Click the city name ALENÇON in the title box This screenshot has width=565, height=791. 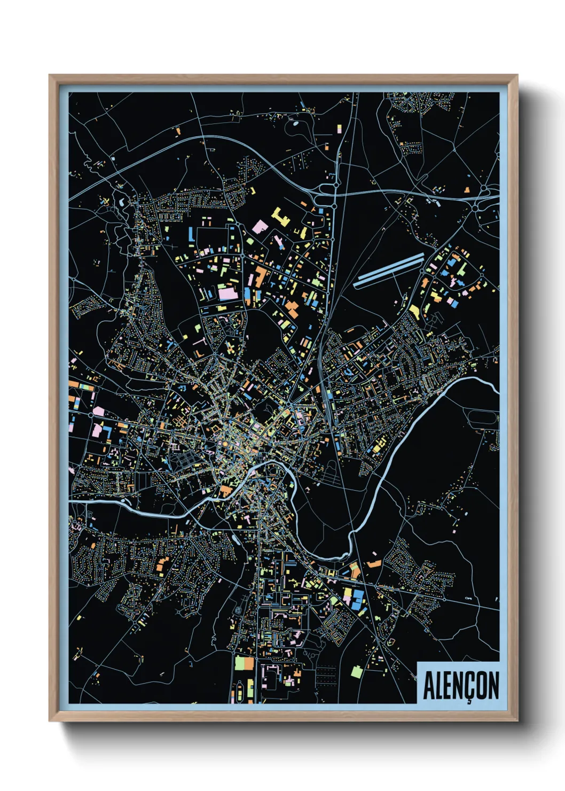tap(461, 685)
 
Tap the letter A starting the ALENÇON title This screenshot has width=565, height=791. tap(428, 685)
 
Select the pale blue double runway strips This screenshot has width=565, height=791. tap(389, 270)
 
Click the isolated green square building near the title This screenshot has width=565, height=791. tap(356, 671)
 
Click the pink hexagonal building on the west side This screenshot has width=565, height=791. tap(98, 411)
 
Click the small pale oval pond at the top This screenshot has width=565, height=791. tap(295, 123)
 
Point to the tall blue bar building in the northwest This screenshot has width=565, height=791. tap(190, 234)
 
